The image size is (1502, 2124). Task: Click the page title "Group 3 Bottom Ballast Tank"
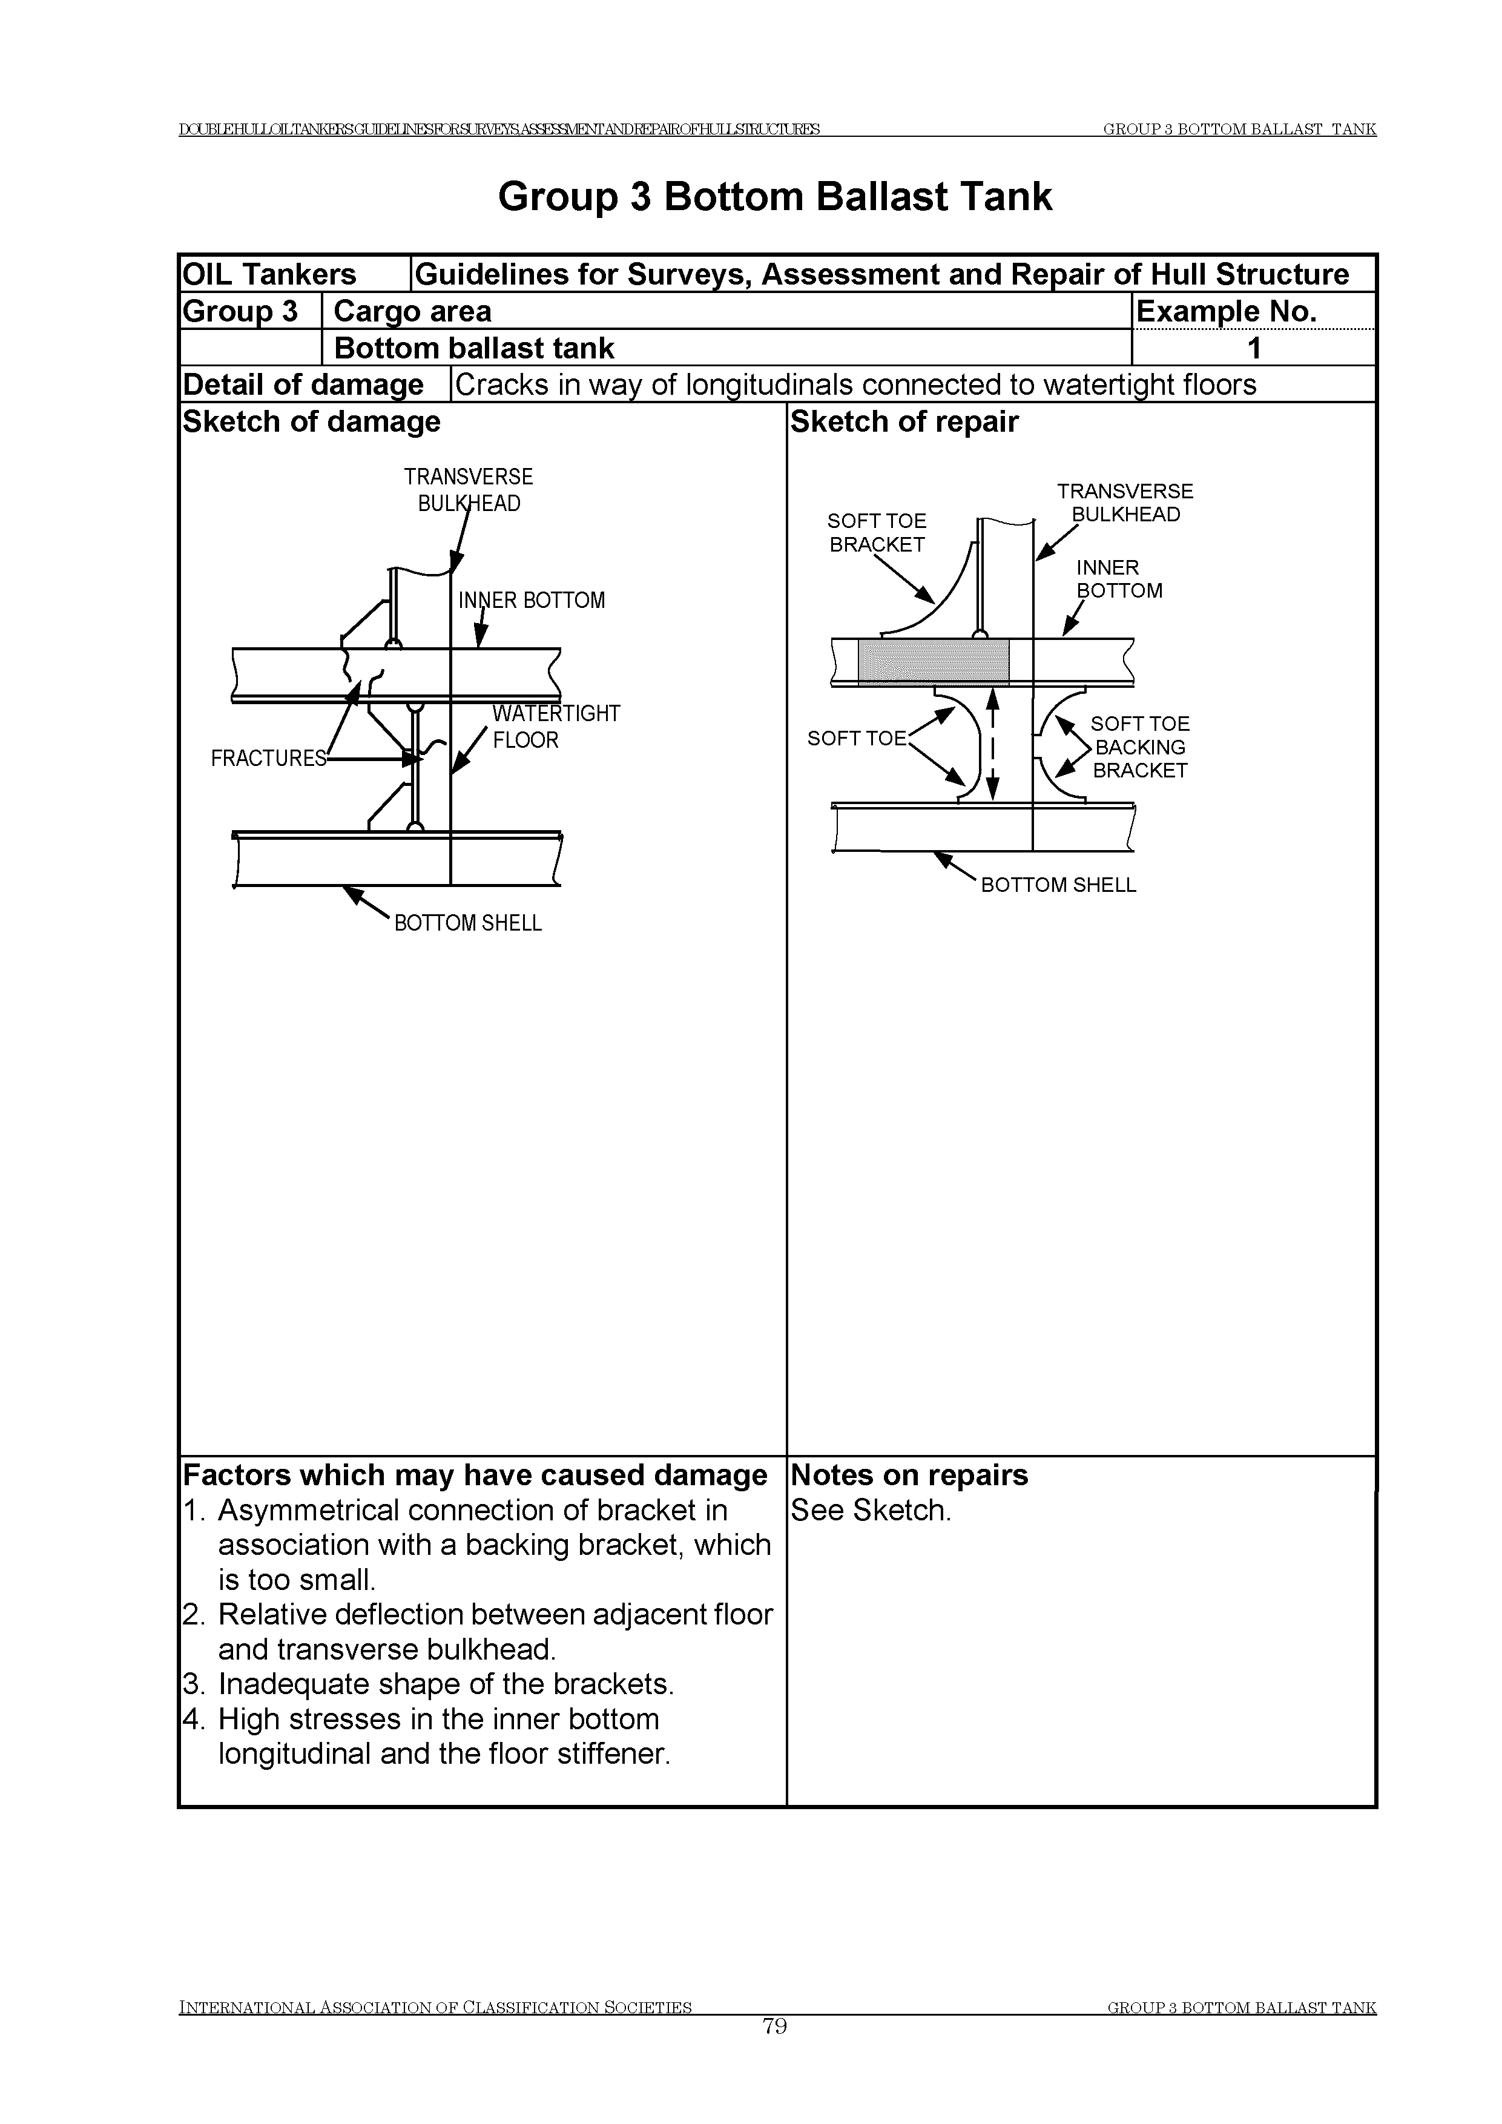[774, 197]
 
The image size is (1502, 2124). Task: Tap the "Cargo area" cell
[412, 312]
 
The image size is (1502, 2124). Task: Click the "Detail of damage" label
[303, 385]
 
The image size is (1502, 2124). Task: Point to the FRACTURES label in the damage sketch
[268, 759]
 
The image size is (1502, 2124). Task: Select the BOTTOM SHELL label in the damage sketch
[468, 923]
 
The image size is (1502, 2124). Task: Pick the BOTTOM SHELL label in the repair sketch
[1058, 885]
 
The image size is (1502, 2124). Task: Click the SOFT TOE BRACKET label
[877, 533]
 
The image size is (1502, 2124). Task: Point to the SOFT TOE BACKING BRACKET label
[1139, 748]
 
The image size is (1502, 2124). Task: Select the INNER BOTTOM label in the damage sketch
[532, 601]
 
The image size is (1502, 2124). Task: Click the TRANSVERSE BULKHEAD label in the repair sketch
[1125, 503]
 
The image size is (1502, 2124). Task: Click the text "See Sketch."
[871, 1511]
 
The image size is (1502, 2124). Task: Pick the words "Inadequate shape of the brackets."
[446, 1684]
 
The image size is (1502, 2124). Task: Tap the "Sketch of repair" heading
[904, 422]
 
